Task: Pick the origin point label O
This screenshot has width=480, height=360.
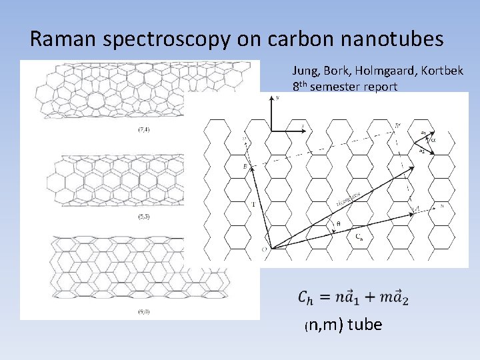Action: pyautogui.click(x=265, y=249)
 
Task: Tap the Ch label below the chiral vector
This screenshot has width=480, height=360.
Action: pyautogui.click(x=359, y=236)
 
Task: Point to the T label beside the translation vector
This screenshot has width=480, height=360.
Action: pyautogui.click(x=253, y=204)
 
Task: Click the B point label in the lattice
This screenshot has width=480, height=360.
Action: pyautogui.click(x=245, y=165)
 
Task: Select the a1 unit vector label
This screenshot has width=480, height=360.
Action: pyautogui.click(x=423, y=133)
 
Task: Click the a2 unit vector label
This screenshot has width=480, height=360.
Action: pyautogui.click(x=421, y=151)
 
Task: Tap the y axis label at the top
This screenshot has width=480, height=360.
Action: pyautogui.click(x=277, y=97)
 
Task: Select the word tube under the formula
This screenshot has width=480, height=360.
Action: pyautogui.click(x=365, y=325)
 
